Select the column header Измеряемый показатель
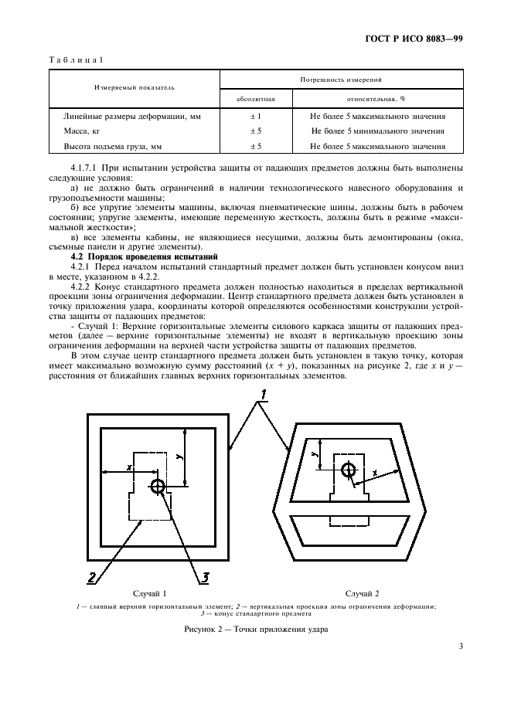(x=135, y=88)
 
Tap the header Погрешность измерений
(x=342, y=80)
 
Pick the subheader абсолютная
(x=255, y=99)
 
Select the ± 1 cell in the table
(x=255, y=116)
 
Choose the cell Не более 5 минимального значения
(x=377, y=131)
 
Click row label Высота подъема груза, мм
(x=113, y=145)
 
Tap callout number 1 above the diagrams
(x=263, y=397)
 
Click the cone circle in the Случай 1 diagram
(x=158, y=486)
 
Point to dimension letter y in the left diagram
(x=179, y=457)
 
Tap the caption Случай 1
(x=150, y=593)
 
